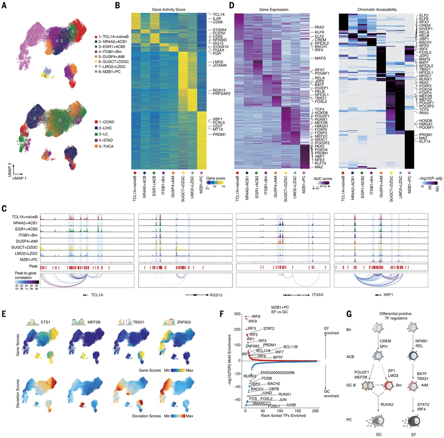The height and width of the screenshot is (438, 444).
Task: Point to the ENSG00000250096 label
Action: pyautogui.click(x=286, y=373)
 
